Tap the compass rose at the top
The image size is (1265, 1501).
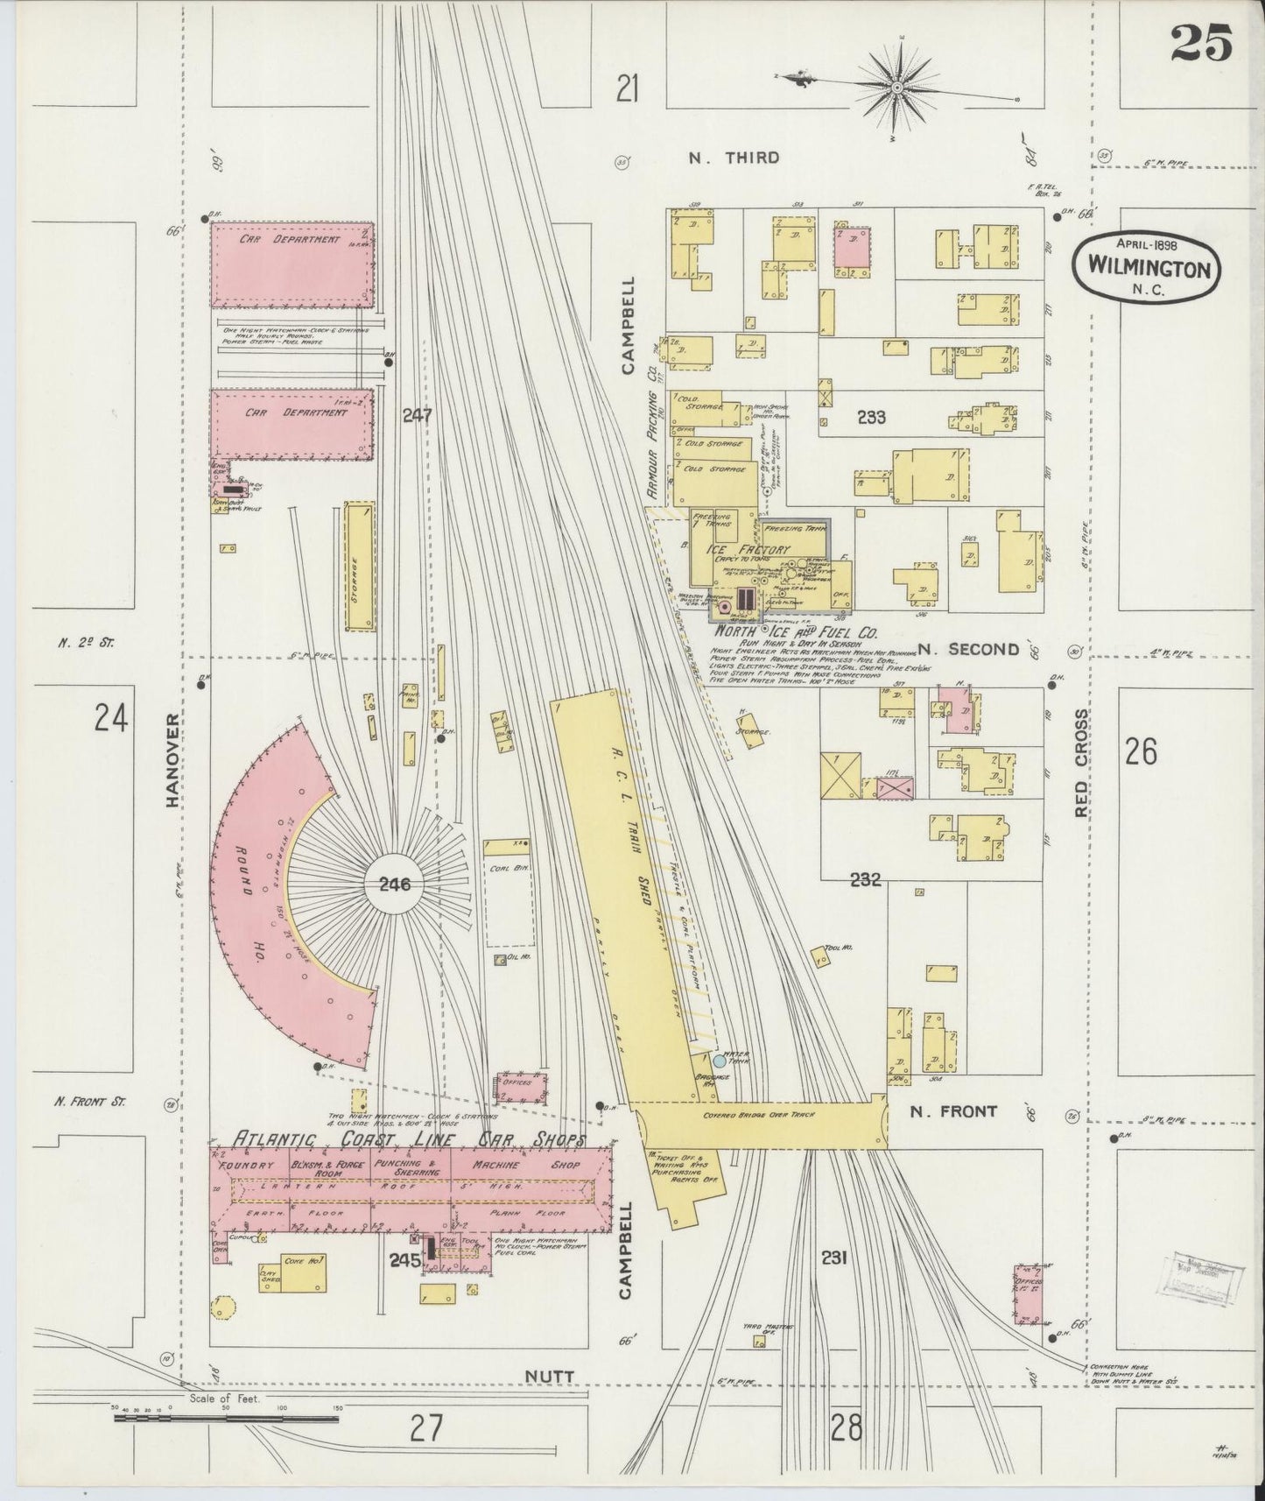point(898,88)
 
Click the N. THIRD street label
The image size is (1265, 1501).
point(734,158)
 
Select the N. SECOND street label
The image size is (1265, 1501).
point(968,649)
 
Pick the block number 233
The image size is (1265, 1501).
point(871,418)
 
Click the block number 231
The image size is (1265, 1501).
point(833,1258)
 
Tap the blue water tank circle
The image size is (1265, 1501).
point(720,1061)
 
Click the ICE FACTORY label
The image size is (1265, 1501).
point(748,549)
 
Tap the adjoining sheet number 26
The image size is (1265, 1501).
point(1141,751)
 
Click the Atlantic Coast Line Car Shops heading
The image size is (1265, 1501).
point(399,1138)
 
